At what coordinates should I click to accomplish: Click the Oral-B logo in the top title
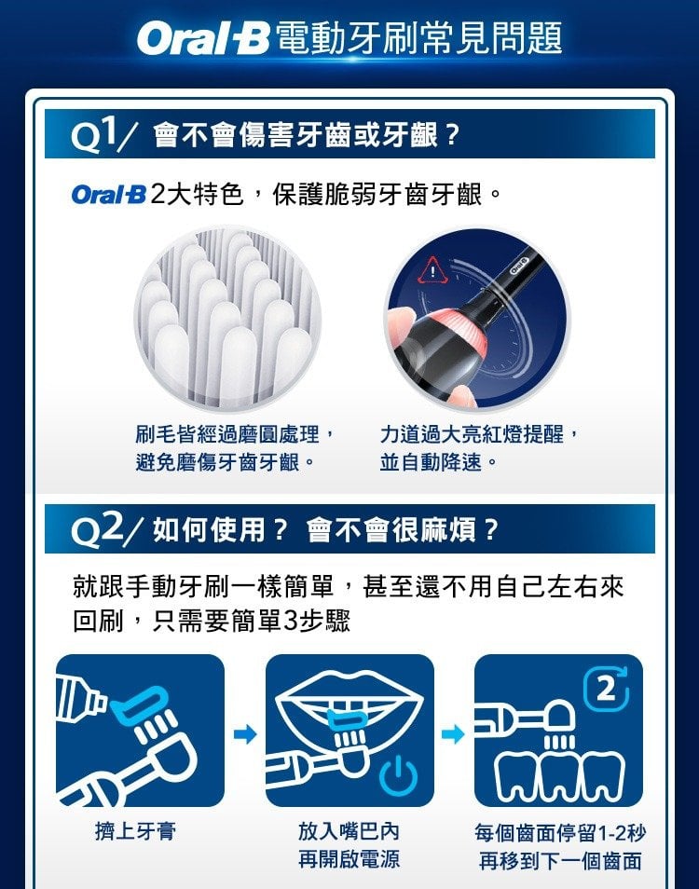[203, 38]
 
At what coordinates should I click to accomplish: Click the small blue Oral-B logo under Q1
[108, 195]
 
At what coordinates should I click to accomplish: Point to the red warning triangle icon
[433, 269]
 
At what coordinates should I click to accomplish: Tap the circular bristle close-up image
[228, 318]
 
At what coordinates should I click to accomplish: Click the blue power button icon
[399, 774]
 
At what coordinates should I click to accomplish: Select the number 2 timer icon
[607, 689]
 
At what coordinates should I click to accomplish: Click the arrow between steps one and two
[245, 735]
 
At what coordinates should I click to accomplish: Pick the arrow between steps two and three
[453, 735]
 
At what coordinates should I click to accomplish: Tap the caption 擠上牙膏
[135, 831]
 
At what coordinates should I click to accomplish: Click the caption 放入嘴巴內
[349, 831]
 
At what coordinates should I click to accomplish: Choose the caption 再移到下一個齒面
[560, 861]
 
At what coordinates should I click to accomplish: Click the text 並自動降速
[431, 462]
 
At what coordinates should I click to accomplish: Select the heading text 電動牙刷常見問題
[419, 38]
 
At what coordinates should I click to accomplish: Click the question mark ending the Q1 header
[452, 135]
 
